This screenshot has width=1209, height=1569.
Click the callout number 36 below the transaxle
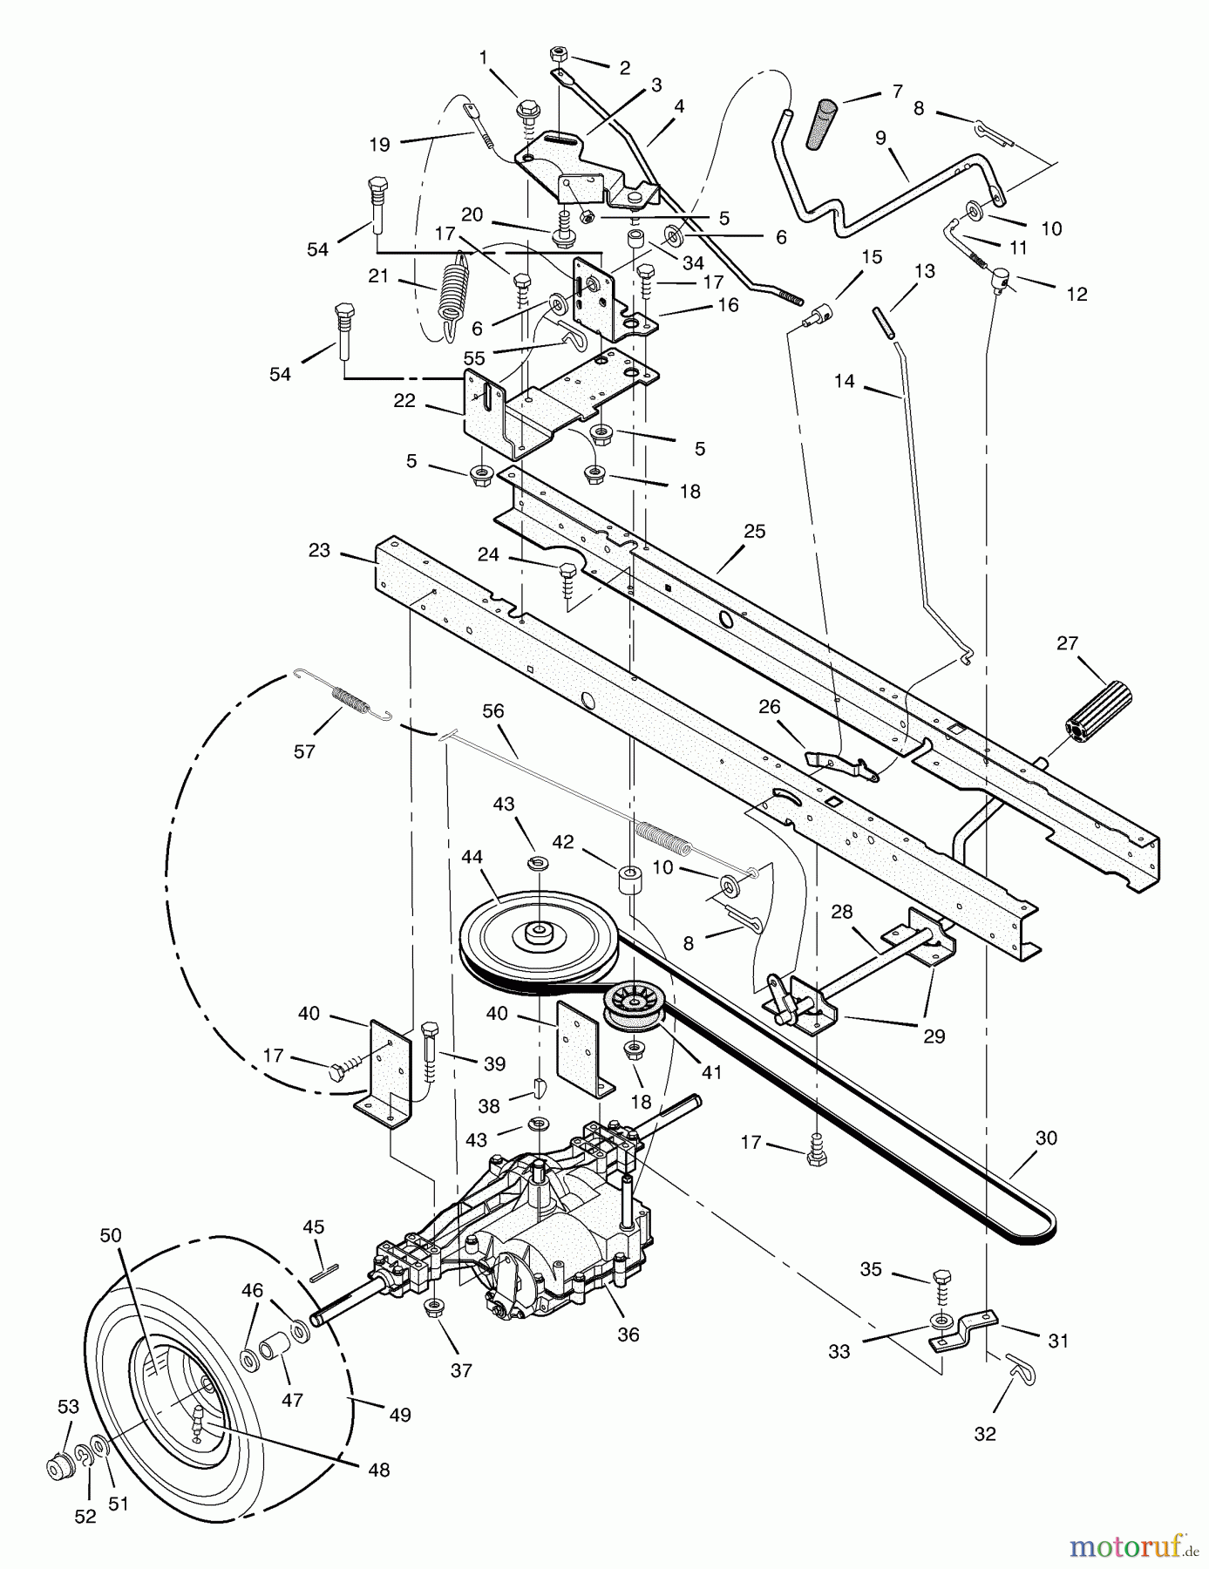coord(628,1334)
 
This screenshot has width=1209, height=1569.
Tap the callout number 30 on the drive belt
coord(1045,1138)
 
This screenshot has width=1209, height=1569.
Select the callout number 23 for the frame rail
coord(319,550)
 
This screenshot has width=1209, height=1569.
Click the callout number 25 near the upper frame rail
coord(754,531)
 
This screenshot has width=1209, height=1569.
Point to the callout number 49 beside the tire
coord(399,1414)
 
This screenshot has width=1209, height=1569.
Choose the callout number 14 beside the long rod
coord(844,381)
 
